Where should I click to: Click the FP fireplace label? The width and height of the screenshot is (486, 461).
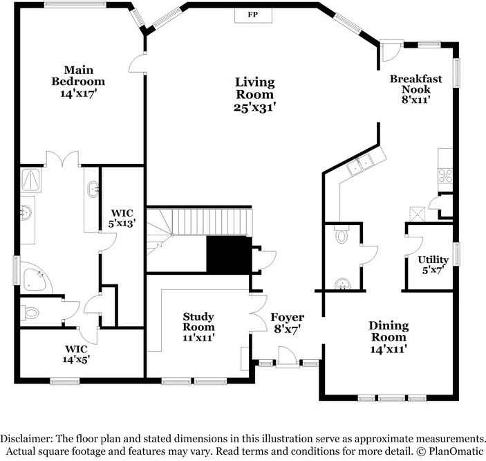(253, 15)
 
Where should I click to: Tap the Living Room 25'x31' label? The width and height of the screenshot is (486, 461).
(255, 95)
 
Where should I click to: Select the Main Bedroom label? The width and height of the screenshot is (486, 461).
(78, 82)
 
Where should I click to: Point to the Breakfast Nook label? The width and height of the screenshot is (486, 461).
(416, 89)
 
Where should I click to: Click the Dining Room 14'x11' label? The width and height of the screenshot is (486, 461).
(389, 337)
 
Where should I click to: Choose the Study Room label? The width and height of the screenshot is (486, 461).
(198, 327)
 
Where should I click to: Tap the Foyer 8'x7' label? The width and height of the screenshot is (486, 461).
(288, 323)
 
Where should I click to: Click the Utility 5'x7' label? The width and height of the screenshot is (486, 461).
(433, 265)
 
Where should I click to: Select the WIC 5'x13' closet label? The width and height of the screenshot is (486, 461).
(122, 218)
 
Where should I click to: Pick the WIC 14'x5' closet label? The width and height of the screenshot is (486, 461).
(76, 354)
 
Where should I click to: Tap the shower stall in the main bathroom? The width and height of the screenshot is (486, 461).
(31, 181)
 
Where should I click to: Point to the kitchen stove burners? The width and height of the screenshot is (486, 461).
(445, 176)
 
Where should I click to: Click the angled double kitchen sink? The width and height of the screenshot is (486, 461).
(361, 164)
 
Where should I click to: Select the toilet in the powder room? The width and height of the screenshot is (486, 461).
(342, 235)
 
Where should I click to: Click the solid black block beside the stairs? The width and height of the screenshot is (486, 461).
(229, 255)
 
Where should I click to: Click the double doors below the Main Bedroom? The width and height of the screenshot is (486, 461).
(63, 159)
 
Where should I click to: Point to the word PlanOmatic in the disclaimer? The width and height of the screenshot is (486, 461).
(456, 451)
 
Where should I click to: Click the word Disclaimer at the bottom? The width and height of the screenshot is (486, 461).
(26, 439)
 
